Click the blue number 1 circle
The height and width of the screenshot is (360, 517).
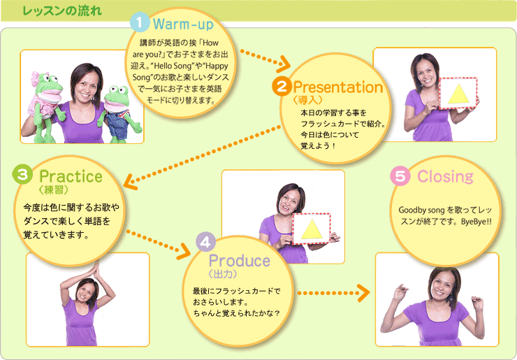point(140,22)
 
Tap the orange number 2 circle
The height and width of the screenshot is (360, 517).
point(282,87)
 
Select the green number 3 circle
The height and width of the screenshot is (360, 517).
point(22,175)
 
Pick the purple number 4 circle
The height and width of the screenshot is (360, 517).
point(205,243)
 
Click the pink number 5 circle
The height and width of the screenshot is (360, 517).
point(400,176)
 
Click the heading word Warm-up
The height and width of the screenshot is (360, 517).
point(183,24)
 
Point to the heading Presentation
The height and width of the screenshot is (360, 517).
point(338,87)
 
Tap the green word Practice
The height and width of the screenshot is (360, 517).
point(71,177)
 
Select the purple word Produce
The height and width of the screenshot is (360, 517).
point(240,261)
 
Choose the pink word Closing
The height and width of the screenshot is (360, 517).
point(445,177)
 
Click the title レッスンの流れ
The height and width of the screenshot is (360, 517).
point(62,11)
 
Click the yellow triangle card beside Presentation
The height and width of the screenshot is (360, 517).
point(458,93)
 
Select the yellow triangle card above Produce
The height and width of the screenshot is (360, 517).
point(312,229)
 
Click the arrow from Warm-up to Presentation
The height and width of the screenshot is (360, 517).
point(265,59)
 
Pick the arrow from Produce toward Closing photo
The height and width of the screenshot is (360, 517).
point(333,293)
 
